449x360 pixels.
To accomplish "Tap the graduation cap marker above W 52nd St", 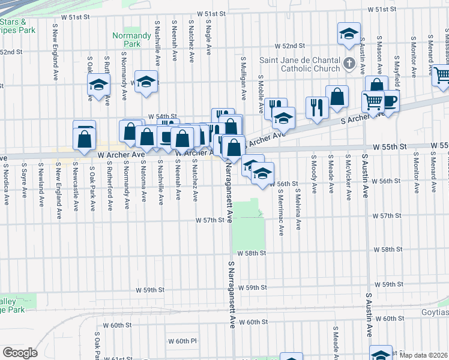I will (348, 34).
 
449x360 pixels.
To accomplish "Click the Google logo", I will (20, 353).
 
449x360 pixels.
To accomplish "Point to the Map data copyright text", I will (424, 355).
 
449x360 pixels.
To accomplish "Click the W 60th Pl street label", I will (182, 341).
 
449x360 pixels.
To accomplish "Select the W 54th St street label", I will (163, 116).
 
